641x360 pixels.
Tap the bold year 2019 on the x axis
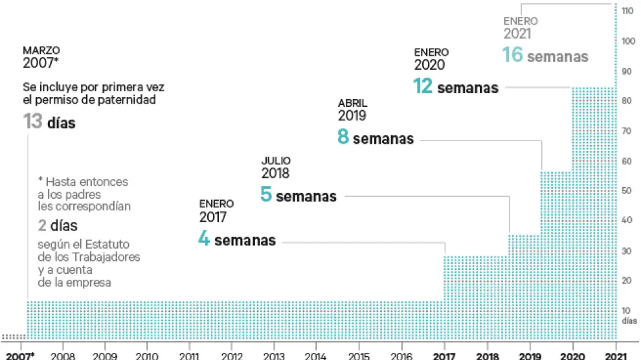[530, 355]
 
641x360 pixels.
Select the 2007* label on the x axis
[21, 355]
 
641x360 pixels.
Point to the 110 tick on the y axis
[627, 11]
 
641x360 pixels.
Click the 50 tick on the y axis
[627, 190]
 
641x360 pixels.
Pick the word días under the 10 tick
[628, 320]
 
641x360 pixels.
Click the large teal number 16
[512, 55]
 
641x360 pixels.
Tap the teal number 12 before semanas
[423, 86]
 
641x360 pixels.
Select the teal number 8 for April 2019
[343, 137]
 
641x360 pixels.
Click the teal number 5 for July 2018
[265, 194]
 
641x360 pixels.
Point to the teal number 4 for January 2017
[204, 240]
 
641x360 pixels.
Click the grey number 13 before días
[33, 122]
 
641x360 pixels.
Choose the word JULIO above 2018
[276, 161]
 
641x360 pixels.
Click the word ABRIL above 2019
[352, 103]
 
